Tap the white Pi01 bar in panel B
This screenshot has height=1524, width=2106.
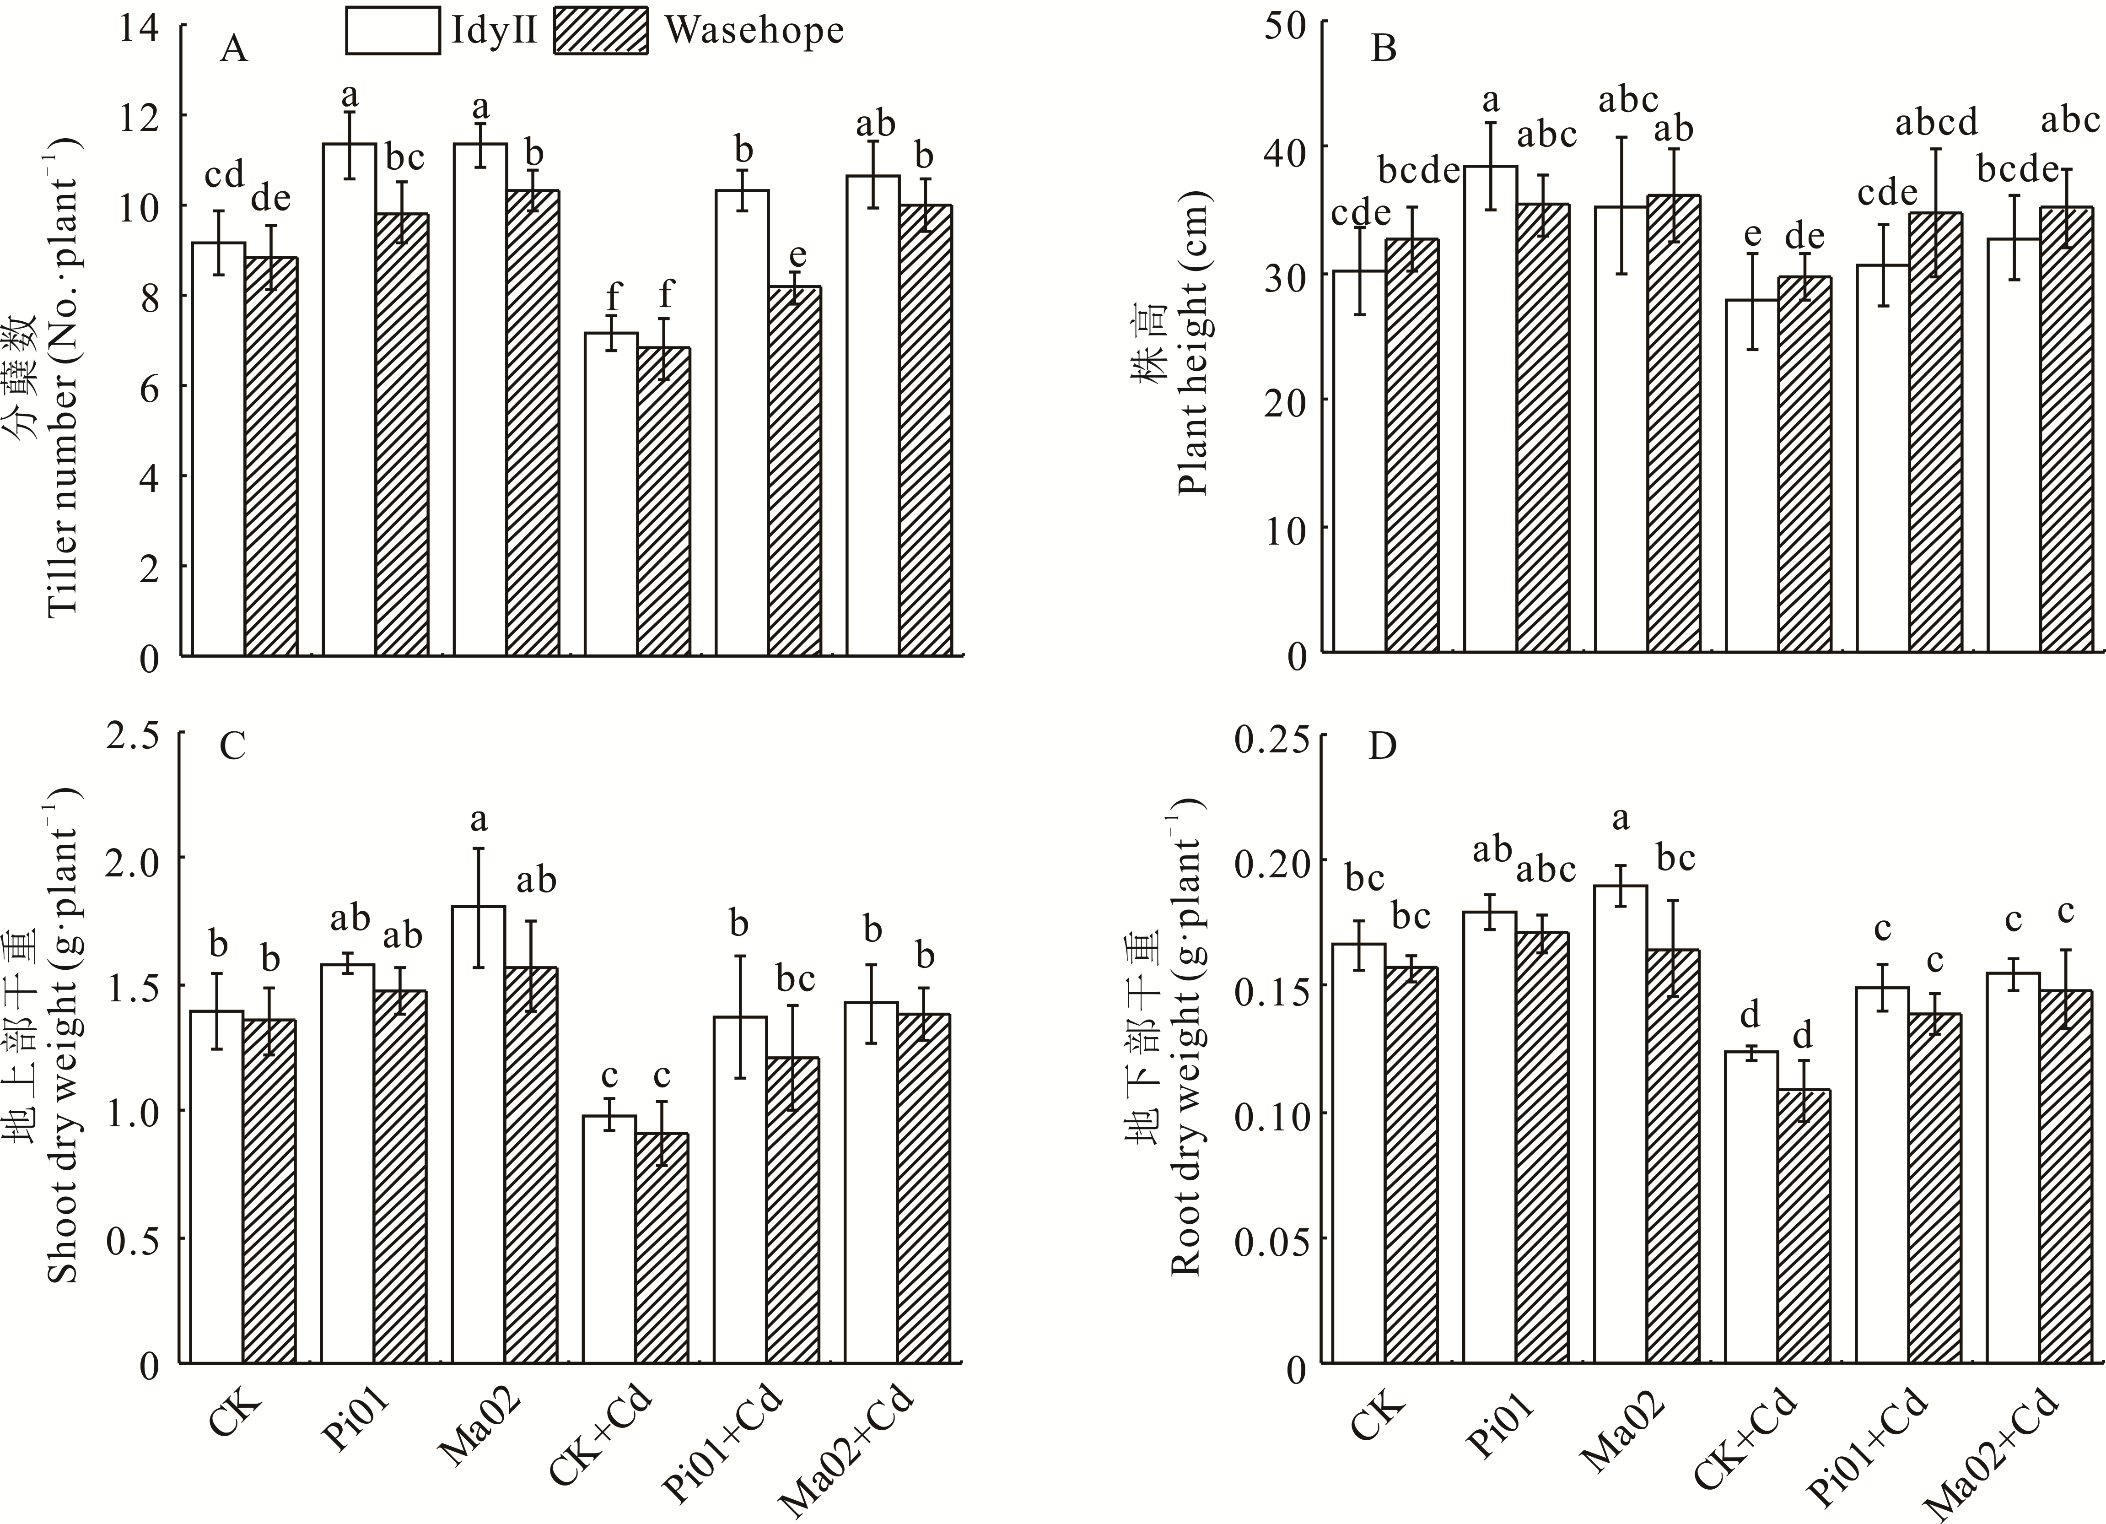click(1490, 409)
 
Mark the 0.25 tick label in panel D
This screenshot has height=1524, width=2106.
click(1272, 740)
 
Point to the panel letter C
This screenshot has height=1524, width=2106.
click(232, 745)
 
